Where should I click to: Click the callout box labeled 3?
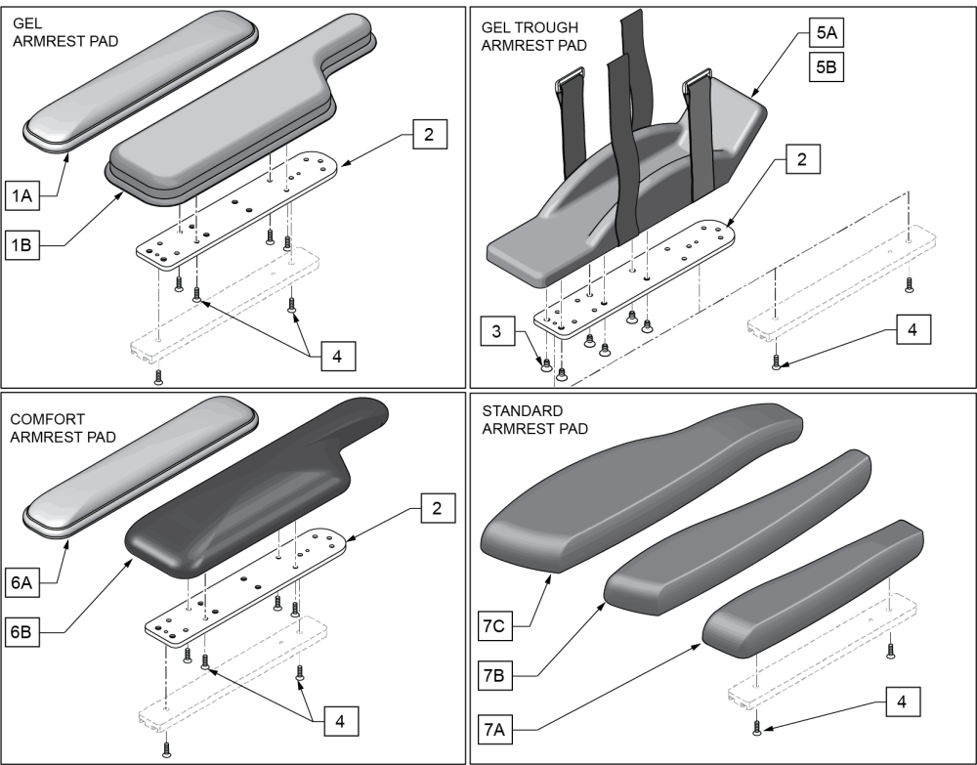498,333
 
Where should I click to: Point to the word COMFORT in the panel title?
45,417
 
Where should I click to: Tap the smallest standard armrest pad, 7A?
811,591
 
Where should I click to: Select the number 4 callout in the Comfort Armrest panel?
338,720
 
